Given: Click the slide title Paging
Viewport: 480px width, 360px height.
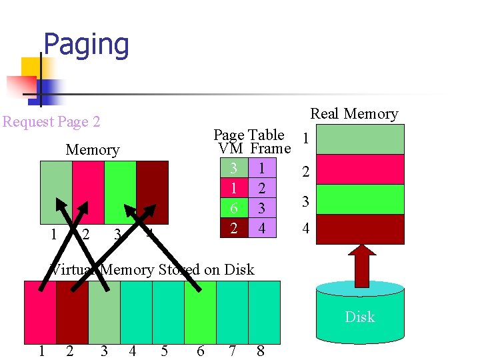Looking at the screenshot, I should [x=86, y=45].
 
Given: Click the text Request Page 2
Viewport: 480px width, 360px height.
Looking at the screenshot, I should [x=51, y=122].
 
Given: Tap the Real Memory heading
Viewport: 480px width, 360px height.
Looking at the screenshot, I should [x=354, y=114].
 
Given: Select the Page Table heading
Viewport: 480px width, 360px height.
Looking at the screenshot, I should [x=249, y=135].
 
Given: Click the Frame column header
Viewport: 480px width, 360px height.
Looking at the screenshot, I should [x=271, y=149].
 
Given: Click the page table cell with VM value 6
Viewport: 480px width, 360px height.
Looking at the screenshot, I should [x=233, y=209].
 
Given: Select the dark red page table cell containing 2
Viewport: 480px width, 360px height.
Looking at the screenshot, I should [x=233, y=228].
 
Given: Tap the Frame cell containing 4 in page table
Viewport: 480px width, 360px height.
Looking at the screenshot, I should [x=262, y=228].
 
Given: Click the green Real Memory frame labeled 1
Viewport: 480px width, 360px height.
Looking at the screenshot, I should [x=359, y=139].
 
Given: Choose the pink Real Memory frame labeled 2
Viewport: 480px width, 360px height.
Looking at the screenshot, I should [x=359, y=169].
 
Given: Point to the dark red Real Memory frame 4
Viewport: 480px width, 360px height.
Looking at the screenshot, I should [x=359, y=229].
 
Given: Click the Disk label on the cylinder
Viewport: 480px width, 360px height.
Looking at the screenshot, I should [x=359, y=317].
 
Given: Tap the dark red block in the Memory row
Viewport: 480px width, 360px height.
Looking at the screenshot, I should [x=153, y=192].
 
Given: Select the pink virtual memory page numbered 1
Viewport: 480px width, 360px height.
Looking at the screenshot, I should [x=40, y=312].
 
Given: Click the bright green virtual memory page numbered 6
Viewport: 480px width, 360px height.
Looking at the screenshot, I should [x=200, y=312].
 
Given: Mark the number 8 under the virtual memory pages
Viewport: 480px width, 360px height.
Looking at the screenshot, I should [x=261, y=351].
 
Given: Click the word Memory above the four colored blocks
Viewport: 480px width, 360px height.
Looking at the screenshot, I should [x=93, y=150].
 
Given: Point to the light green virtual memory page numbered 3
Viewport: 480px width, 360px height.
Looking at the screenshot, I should [x=104, y=312].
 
